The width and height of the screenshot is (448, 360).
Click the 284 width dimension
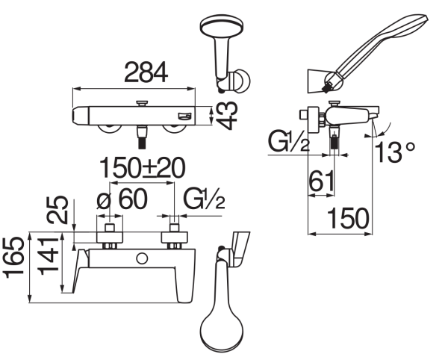pos(146,72)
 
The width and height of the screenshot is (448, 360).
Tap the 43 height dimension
pos(226,116)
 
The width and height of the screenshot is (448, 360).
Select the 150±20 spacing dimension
pos(143,168)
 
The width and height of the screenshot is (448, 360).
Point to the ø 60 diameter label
pos(122,199)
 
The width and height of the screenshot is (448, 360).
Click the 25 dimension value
pos(57,209)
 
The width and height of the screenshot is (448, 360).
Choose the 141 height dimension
pos(48,254)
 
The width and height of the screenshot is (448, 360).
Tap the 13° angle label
pos(394,152)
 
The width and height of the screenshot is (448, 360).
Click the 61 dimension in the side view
pos(322,181)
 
